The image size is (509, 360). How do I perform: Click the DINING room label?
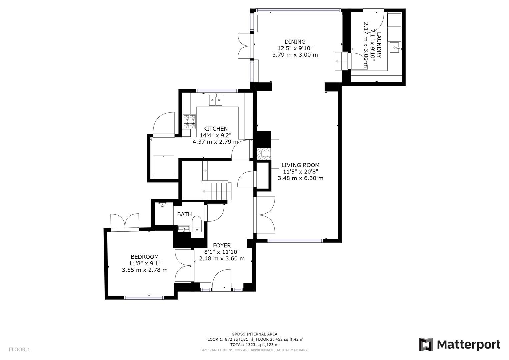295,42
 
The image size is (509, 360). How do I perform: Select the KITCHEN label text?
215,129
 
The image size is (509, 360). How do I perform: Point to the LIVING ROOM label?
300,165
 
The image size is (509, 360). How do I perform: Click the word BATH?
184,214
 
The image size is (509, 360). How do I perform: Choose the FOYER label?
222,245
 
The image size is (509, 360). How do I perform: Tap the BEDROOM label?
144,257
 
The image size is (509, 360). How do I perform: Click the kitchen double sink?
216,100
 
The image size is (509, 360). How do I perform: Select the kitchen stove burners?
189,122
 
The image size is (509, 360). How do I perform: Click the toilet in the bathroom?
197,224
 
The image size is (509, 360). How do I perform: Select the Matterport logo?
459,344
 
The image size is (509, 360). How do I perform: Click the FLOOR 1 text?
19,350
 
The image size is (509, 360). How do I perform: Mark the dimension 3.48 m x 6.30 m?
300,178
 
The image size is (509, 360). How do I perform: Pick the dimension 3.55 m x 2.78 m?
144,270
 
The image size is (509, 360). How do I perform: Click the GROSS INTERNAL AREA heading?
254,334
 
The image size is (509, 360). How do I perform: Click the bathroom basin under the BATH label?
183,229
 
